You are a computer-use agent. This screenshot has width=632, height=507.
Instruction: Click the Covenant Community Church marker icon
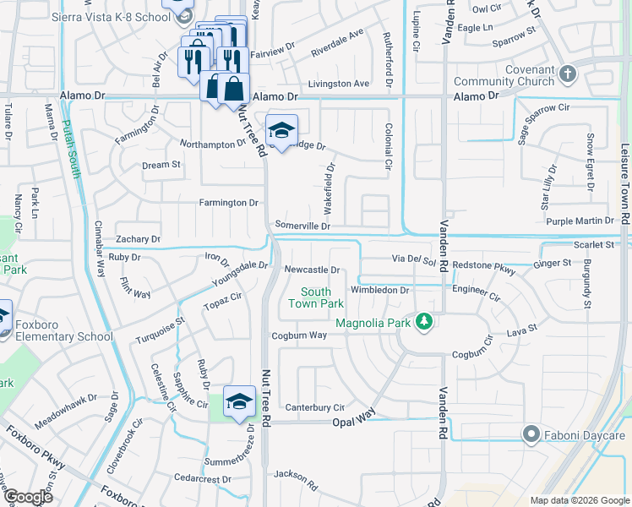coord(567,74)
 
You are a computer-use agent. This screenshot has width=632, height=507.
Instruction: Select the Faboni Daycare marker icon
coord(531,434)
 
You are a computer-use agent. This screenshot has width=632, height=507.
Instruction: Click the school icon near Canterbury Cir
coord(239,402)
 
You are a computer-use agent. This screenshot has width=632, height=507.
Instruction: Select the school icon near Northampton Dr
coord(281,130)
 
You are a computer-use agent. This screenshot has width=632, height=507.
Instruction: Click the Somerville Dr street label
coord(302,226)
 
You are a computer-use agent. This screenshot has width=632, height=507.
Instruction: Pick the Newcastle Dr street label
coord(311,270)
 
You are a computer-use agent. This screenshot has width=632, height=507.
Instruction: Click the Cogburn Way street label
coord(298,335)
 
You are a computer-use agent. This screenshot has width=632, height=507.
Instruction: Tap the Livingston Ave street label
coord(338,84)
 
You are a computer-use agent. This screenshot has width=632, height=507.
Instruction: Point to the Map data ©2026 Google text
coord(579,500)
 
